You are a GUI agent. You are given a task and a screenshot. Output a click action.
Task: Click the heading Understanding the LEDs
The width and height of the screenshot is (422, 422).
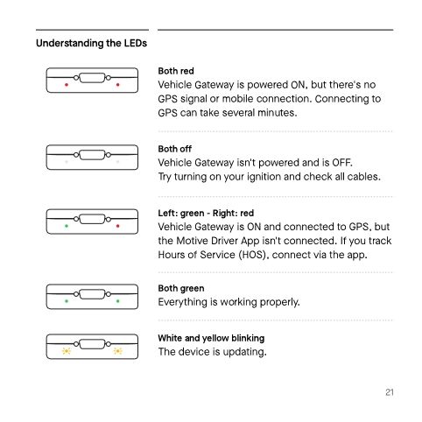(90, 43)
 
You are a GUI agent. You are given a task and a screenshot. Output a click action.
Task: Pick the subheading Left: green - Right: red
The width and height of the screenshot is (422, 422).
(206, 213)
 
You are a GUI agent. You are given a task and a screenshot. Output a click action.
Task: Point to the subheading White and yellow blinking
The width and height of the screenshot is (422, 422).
(211, 337)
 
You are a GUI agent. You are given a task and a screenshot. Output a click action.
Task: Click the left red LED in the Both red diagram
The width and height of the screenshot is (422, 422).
(67, 85)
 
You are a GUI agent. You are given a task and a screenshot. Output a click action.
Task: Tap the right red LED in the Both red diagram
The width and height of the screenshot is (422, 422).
(117, 85)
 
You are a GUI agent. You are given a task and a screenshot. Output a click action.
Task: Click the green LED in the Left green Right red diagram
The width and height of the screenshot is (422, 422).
(67, 226)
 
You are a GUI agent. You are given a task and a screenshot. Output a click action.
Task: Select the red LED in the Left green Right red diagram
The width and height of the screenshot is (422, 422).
(117, 226)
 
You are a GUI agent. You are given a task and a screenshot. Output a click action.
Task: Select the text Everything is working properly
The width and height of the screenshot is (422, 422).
(229, 302)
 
